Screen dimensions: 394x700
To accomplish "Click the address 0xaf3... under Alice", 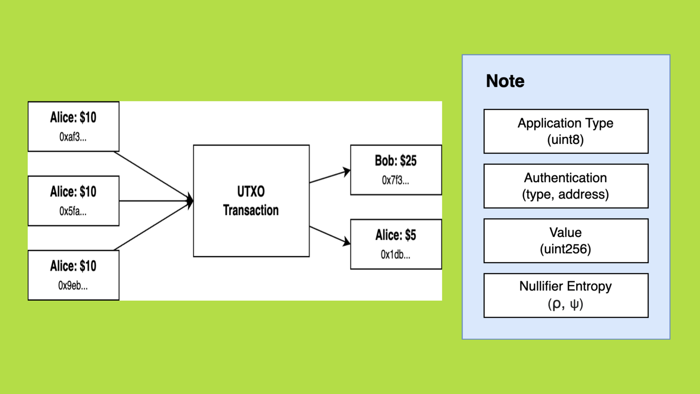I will [73, 137].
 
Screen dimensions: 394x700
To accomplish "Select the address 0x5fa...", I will [73, 211].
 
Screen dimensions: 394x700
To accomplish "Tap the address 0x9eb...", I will [73, 286].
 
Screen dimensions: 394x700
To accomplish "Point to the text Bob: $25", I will [396, 161].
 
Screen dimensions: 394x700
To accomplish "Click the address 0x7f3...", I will [396, 180].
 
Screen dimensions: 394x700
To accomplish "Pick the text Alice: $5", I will [396, 235].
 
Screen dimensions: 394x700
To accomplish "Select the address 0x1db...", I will [396, 255].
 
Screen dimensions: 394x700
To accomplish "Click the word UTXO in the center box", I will [251, 192].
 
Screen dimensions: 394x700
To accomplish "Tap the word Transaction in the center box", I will [251, 210].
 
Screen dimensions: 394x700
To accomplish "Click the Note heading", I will [505, 81].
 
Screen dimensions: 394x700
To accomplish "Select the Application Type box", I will [566, 131].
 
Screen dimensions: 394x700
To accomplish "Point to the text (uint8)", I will [565, 140].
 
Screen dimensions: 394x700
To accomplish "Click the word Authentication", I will [565, 178].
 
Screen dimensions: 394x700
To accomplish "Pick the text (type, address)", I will [565, 194].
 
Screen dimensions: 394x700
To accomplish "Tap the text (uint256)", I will [565, 249].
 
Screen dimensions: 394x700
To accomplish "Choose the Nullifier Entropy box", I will [566, 295].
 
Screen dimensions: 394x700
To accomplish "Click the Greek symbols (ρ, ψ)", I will [565, 304].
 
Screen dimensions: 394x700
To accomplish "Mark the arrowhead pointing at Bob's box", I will [346, 171].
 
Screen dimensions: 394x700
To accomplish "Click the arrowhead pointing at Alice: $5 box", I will [346, 242].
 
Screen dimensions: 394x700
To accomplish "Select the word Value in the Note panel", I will [565, 232].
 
